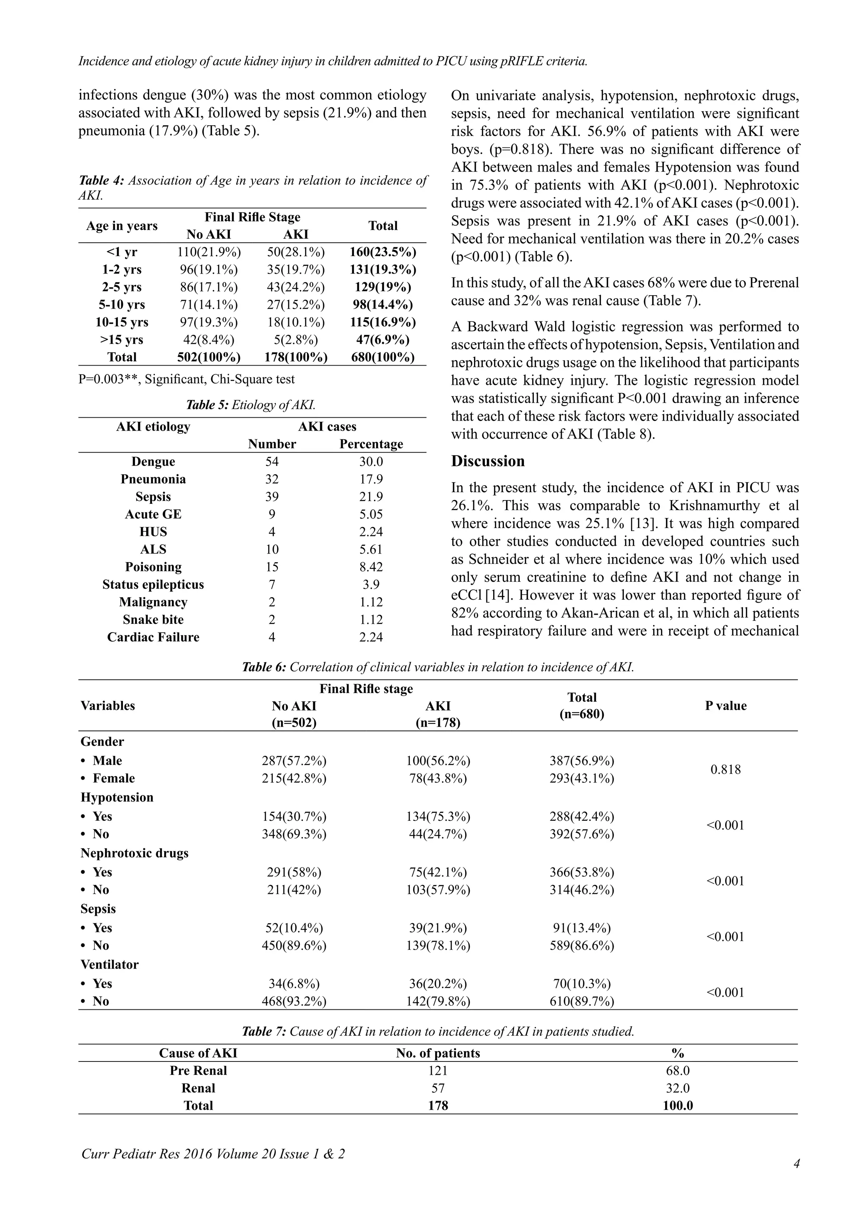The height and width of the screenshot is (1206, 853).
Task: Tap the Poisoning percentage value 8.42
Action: (371, 567)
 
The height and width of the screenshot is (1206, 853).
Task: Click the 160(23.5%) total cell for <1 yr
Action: (383, 252)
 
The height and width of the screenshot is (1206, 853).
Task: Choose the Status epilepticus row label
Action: (153, 584)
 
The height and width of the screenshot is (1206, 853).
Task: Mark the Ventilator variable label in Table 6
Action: (109, 964)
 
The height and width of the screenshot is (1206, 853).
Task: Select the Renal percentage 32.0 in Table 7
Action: (677, 1088)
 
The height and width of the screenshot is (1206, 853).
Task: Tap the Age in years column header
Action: (122, 225)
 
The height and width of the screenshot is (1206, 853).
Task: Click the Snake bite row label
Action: (153, 619)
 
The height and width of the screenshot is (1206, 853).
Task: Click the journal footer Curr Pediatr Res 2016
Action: (213, 1154)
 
